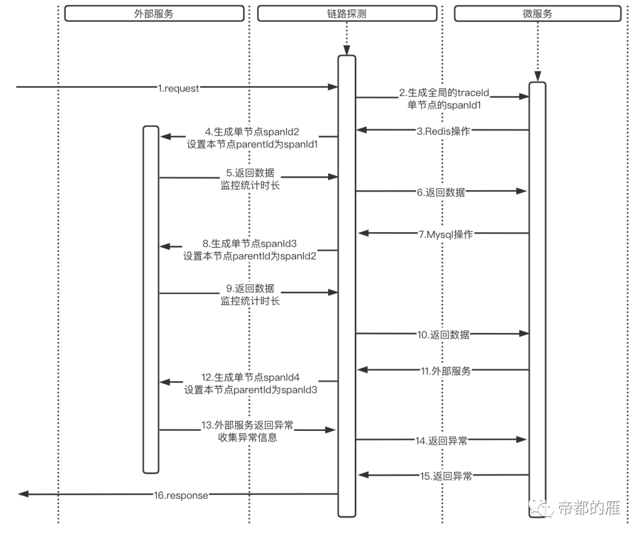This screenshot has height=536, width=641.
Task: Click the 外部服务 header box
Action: click(154, 14)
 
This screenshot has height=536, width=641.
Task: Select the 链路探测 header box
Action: click(346, 14)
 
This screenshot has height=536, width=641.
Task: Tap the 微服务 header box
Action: click(538, 14)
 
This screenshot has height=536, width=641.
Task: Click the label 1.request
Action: click(178, 88)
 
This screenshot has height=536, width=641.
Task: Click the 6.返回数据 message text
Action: click(441, 192)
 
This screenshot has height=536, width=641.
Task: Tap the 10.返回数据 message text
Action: click(443, 335)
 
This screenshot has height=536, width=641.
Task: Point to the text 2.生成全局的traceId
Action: click(447, 93)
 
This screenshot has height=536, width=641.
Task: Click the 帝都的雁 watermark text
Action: click(589, 508)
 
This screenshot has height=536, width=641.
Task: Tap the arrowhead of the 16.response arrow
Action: click(23, 494)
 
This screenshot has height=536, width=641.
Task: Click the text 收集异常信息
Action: click(248, 438)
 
